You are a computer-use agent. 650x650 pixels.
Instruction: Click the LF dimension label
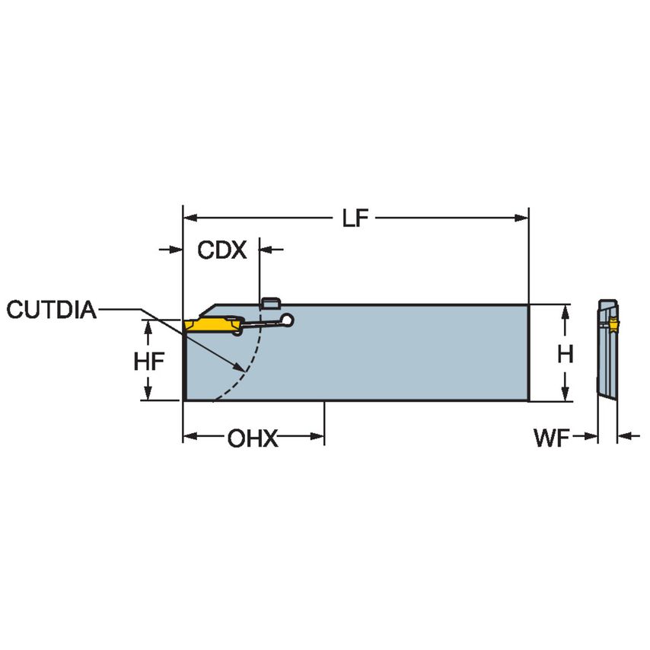(355, 218)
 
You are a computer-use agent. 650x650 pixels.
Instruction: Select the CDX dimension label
(222, 250)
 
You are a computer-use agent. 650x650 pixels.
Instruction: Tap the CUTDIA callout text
(51, 310)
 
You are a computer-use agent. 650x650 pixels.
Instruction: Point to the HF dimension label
(149, 362)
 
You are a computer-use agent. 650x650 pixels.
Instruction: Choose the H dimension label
(565, 354)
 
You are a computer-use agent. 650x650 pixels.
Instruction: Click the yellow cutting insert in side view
(211, 326)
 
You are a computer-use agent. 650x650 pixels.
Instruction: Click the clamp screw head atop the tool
(268, 304)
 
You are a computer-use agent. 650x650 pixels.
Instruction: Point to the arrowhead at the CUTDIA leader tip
(242, 368)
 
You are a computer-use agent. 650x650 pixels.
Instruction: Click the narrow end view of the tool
(606, 350)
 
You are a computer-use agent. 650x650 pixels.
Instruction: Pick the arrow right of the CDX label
(267, 249)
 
